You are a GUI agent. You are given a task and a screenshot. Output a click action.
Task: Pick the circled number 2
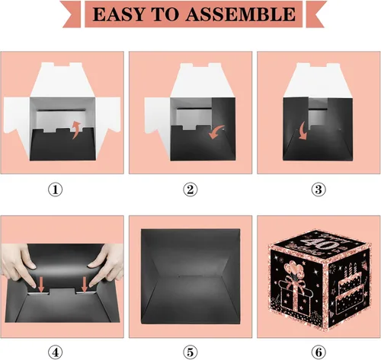click(x=190, y=190)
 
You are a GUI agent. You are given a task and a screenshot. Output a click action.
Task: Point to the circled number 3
click(x=319, y=190)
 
